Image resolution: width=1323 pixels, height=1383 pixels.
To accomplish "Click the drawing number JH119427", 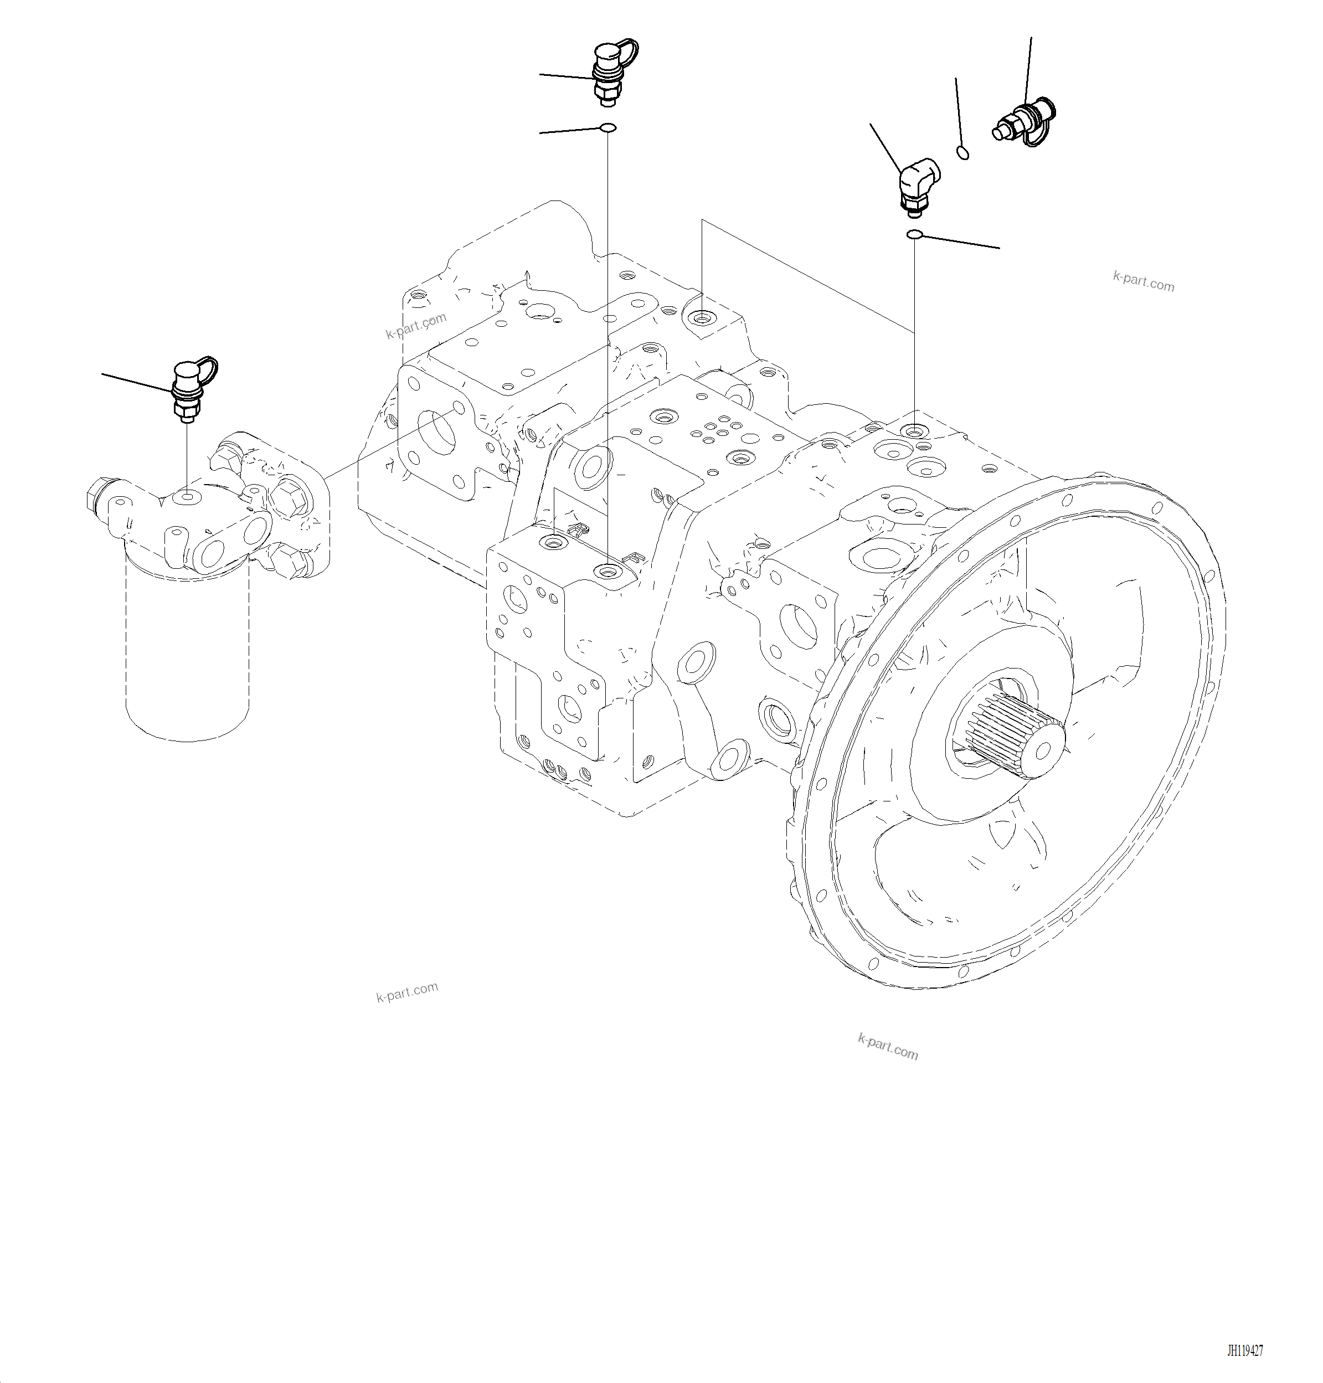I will (x=1245, y=1350).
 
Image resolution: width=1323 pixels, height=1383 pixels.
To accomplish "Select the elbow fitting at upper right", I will (x=916, y=183).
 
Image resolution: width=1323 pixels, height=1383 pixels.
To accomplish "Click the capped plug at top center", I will (x=608, y=73).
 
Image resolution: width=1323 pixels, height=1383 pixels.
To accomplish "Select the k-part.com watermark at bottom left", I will (x=407, y=991).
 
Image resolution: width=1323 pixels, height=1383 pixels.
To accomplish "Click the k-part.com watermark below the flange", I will (x=887, y=1047).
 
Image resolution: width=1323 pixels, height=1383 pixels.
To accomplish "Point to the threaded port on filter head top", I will (x=186, y=498).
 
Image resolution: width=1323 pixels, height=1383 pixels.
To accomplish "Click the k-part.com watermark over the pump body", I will (x=416, y=325).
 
